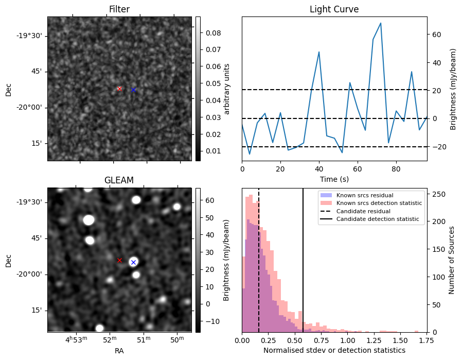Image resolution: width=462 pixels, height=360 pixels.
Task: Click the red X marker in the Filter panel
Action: click(x=119, y=89)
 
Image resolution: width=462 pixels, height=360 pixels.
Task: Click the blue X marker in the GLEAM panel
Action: click(x=133, y=262)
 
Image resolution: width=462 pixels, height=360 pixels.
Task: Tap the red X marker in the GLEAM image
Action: click(x=119, y=261)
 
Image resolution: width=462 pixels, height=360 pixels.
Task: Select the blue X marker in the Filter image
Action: click(x=133, y=90)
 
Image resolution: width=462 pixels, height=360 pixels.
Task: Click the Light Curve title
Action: click(x=334, y=9)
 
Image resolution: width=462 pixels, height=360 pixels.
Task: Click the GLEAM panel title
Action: click(x=119, y=180)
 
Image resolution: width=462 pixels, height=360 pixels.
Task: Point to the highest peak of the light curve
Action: click(x=381, y=23)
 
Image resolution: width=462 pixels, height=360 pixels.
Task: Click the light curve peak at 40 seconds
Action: click(x=319, y=52)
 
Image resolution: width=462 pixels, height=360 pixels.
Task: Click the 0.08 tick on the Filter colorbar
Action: click(x=214, y=33)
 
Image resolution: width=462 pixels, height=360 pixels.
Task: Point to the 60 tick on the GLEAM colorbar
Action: click(x=210, y=200)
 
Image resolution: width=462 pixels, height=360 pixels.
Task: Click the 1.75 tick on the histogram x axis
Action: click(x=426, y=340)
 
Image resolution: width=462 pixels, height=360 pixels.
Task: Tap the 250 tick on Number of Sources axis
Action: click(x=439, y=194)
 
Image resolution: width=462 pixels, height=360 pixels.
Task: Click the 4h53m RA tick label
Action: click(x=76, y=339)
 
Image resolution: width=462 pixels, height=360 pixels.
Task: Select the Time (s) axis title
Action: click(x=334, y=179)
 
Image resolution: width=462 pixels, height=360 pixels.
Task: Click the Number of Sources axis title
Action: click(x=451, y=261)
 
